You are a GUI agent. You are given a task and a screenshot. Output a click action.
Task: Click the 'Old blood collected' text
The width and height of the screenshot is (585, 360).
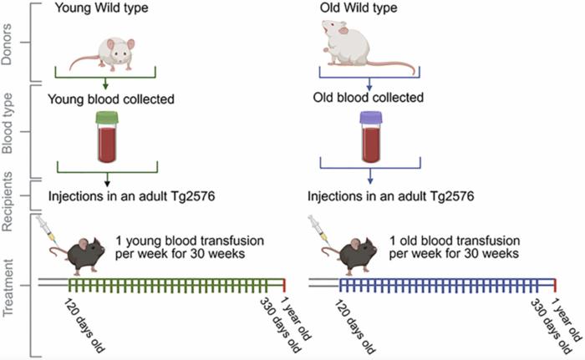[368, 99]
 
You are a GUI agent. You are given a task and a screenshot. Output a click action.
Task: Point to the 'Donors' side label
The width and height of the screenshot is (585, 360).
[11, 41]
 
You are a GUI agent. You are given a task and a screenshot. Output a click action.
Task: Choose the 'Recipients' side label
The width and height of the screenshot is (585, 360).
[11, 197]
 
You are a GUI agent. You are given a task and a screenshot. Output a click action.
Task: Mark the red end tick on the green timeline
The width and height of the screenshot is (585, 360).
[285, 286]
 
